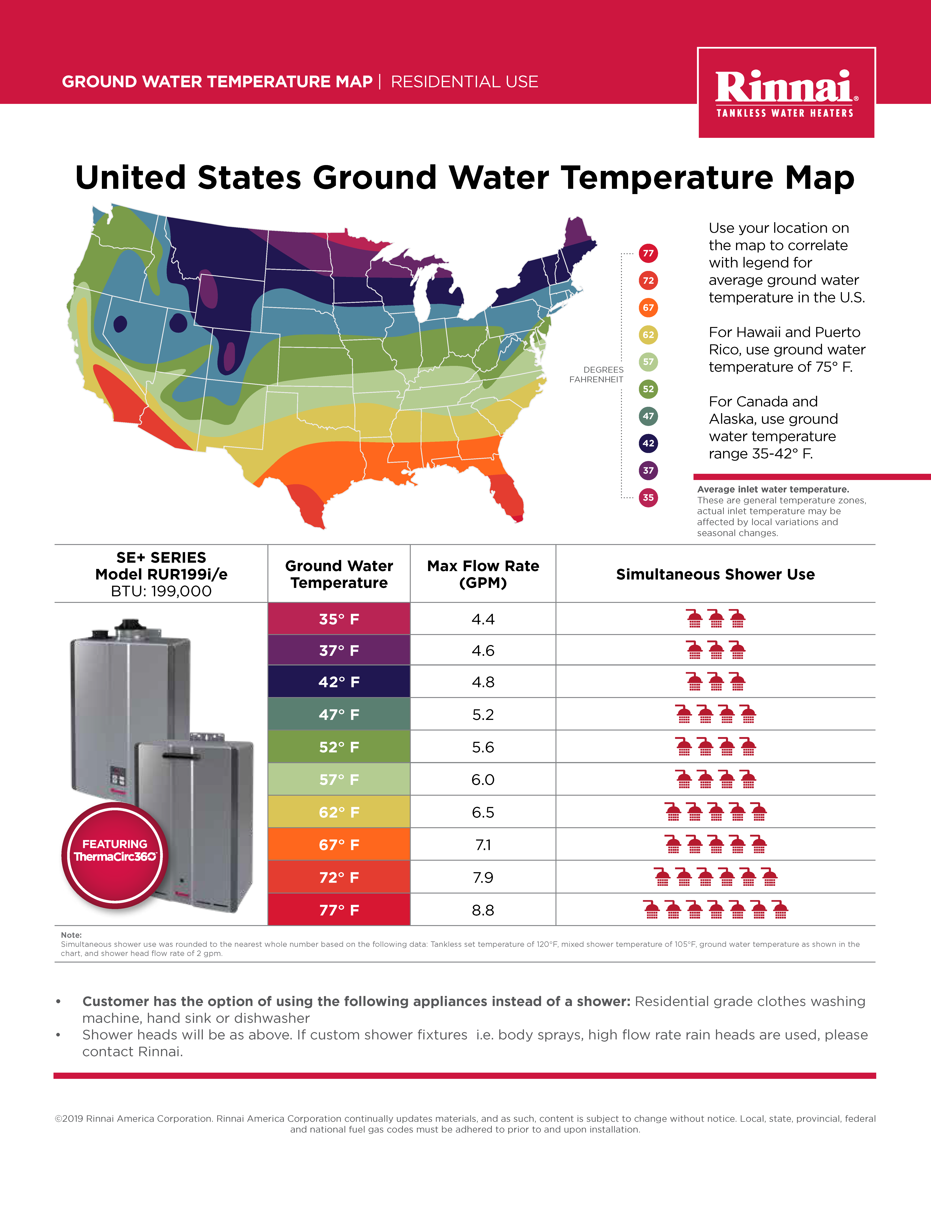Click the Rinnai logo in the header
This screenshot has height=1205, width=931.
point(786,93)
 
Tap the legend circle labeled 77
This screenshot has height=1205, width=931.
point(648,253)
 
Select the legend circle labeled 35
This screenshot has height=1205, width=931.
point(648,498)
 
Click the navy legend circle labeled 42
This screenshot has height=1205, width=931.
point(648,443)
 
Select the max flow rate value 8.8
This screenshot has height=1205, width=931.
point(483,910)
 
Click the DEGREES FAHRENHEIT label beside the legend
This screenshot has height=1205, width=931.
point(597,375)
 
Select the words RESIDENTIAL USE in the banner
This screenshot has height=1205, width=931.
point(464,82)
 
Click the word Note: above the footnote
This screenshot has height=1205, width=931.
point(71,935)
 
